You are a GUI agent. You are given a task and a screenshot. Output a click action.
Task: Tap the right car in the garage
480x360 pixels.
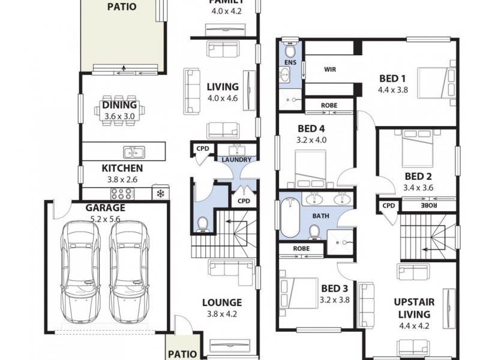(128, 270)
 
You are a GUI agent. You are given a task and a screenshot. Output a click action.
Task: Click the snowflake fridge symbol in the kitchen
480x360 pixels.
(160, 193)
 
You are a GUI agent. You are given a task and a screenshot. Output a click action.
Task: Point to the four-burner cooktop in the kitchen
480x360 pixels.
(122, 193)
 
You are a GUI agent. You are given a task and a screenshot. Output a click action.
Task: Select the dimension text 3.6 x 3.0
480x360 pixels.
(118, 116)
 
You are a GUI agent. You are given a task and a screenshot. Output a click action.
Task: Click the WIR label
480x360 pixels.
(329, 70)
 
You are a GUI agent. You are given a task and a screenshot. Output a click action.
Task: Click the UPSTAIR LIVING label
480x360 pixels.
(414, 308)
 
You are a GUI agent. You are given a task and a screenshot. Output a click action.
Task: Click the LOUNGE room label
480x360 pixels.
(221, 302)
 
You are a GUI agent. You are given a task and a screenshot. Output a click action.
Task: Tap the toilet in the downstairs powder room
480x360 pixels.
(203, 223)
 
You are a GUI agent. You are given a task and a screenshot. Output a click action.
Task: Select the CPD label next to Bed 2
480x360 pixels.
(389, 206)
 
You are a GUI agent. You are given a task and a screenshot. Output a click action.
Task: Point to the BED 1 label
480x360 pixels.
(392, 79)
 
